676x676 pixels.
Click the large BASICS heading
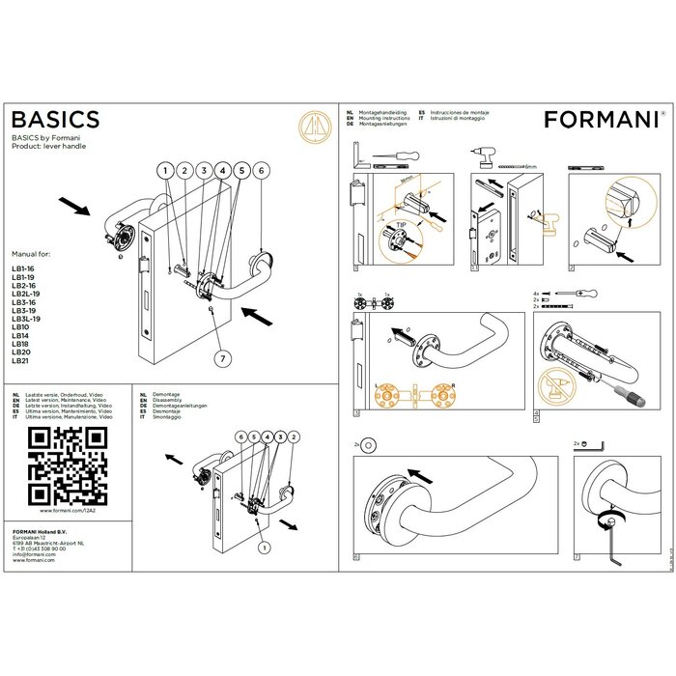point(55,119)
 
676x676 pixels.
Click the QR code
point(67,465)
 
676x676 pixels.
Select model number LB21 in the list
point(20,360)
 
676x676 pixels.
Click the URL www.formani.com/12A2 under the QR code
point(67,509)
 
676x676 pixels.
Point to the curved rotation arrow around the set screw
point(606,515)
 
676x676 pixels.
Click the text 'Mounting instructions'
point(384,118)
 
